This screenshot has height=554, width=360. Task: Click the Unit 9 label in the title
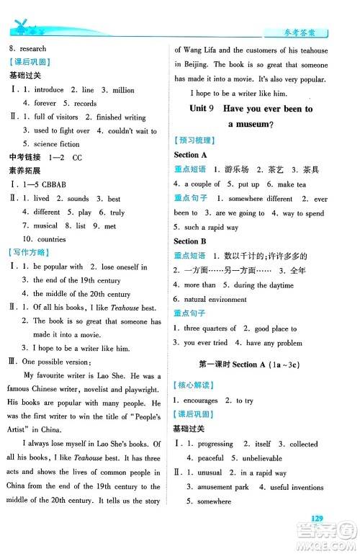pos(202,108)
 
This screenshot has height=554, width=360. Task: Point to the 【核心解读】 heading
pos(197,386)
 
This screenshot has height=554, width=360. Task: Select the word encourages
pos(202,401)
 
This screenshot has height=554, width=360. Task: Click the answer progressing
pos(212,444)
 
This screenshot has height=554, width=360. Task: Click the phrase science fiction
pos(57,143)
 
